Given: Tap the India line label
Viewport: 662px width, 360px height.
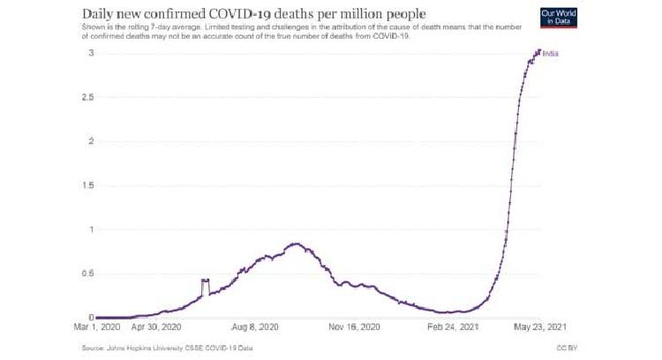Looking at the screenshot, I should point(551,54).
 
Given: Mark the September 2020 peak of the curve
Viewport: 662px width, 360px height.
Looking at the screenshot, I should point(296,244).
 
